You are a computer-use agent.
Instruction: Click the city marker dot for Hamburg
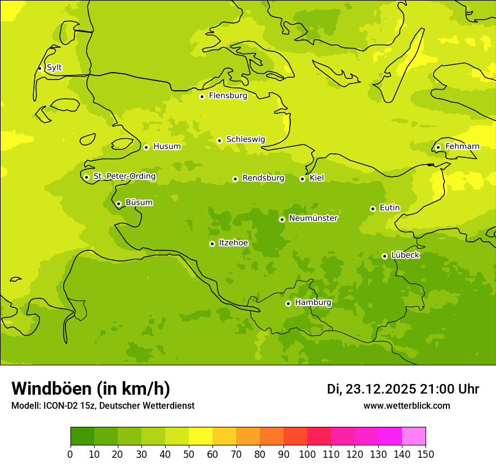click(288, 303)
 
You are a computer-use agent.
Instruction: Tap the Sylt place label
click(54, 68)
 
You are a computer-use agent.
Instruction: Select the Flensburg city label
click(228, 96)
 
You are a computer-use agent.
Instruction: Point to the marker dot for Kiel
click(302, 179)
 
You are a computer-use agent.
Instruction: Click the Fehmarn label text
click(462, 147)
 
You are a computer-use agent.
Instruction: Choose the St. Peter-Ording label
click(125, 176)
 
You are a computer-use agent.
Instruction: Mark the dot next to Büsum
click(118, 204)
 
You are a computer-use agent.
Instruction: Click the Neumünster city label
click(313, 218)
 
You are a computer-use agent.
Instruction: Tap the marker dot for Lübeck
click(384, 256)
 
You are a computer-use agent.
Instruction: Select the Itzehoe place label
click(233, 243)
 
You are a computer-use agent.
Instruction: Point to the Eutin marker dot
click(373, 209)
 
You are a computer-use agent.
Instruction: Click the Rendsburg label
click(263, 178)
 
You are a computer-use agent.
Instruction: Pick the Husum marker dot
click(146, 147)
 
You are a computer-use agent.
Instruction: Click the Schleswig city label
click(245, 139)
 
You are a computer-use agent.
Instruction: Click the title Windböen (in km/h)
click(91, 388)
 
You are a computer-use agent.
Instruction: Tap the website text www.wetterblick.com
click(406, 406)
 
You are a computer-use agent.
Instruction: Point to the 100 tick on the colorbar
click(307, 454)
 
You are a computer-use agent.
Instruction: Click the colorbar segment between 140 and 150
click(414, 436)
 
